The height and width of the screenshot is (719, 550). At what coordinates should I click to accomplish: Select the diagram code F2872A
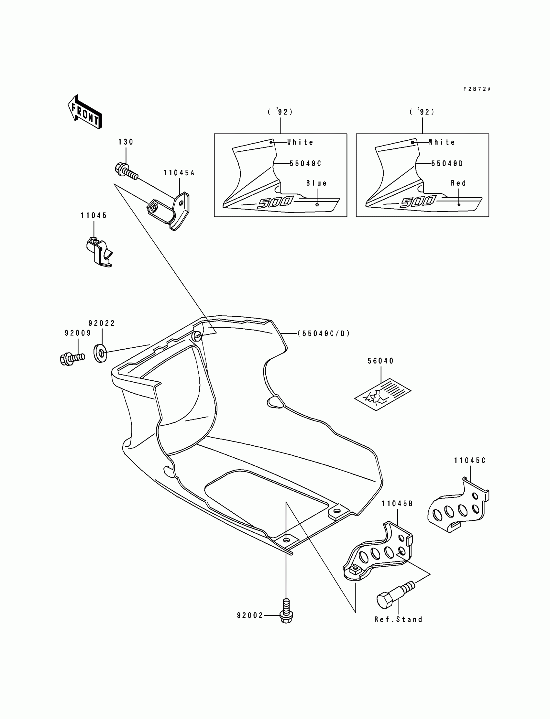coord(477,89)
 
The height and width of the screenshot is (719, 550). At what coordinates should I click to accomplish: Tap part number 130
coord(126,142)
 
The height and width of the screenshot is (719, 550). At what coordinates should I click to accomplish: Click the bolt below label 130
coord(127,171)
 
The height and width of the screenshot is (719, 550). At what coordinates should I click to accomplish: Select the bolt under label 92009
coord(72,358)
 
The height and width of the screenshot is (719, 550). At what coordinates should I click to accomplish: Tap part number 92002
coord(250,616)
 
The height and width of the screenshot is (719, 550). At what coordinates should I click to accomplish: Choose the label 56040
coord(381,361)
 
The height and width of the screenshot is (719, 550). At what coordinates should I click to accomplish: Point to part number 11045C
coord(469,461)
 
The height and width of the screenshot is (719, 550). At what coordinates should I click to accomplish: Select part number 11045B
coord(397,504)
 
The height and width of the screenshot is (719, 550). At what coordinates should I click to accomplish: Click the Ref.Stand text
coord(398,619)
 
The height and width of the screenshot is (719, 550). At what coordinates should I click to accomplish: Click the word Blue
coord(317,183)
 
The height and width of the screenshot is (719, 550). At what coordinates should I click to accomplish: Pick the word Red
coord(458,183)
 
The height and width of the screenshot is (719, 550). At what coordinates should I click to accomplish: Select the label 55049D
coord(447,164)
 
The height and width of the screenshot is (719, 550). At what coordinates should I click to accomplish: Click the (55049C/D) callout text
coord(324,333)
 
